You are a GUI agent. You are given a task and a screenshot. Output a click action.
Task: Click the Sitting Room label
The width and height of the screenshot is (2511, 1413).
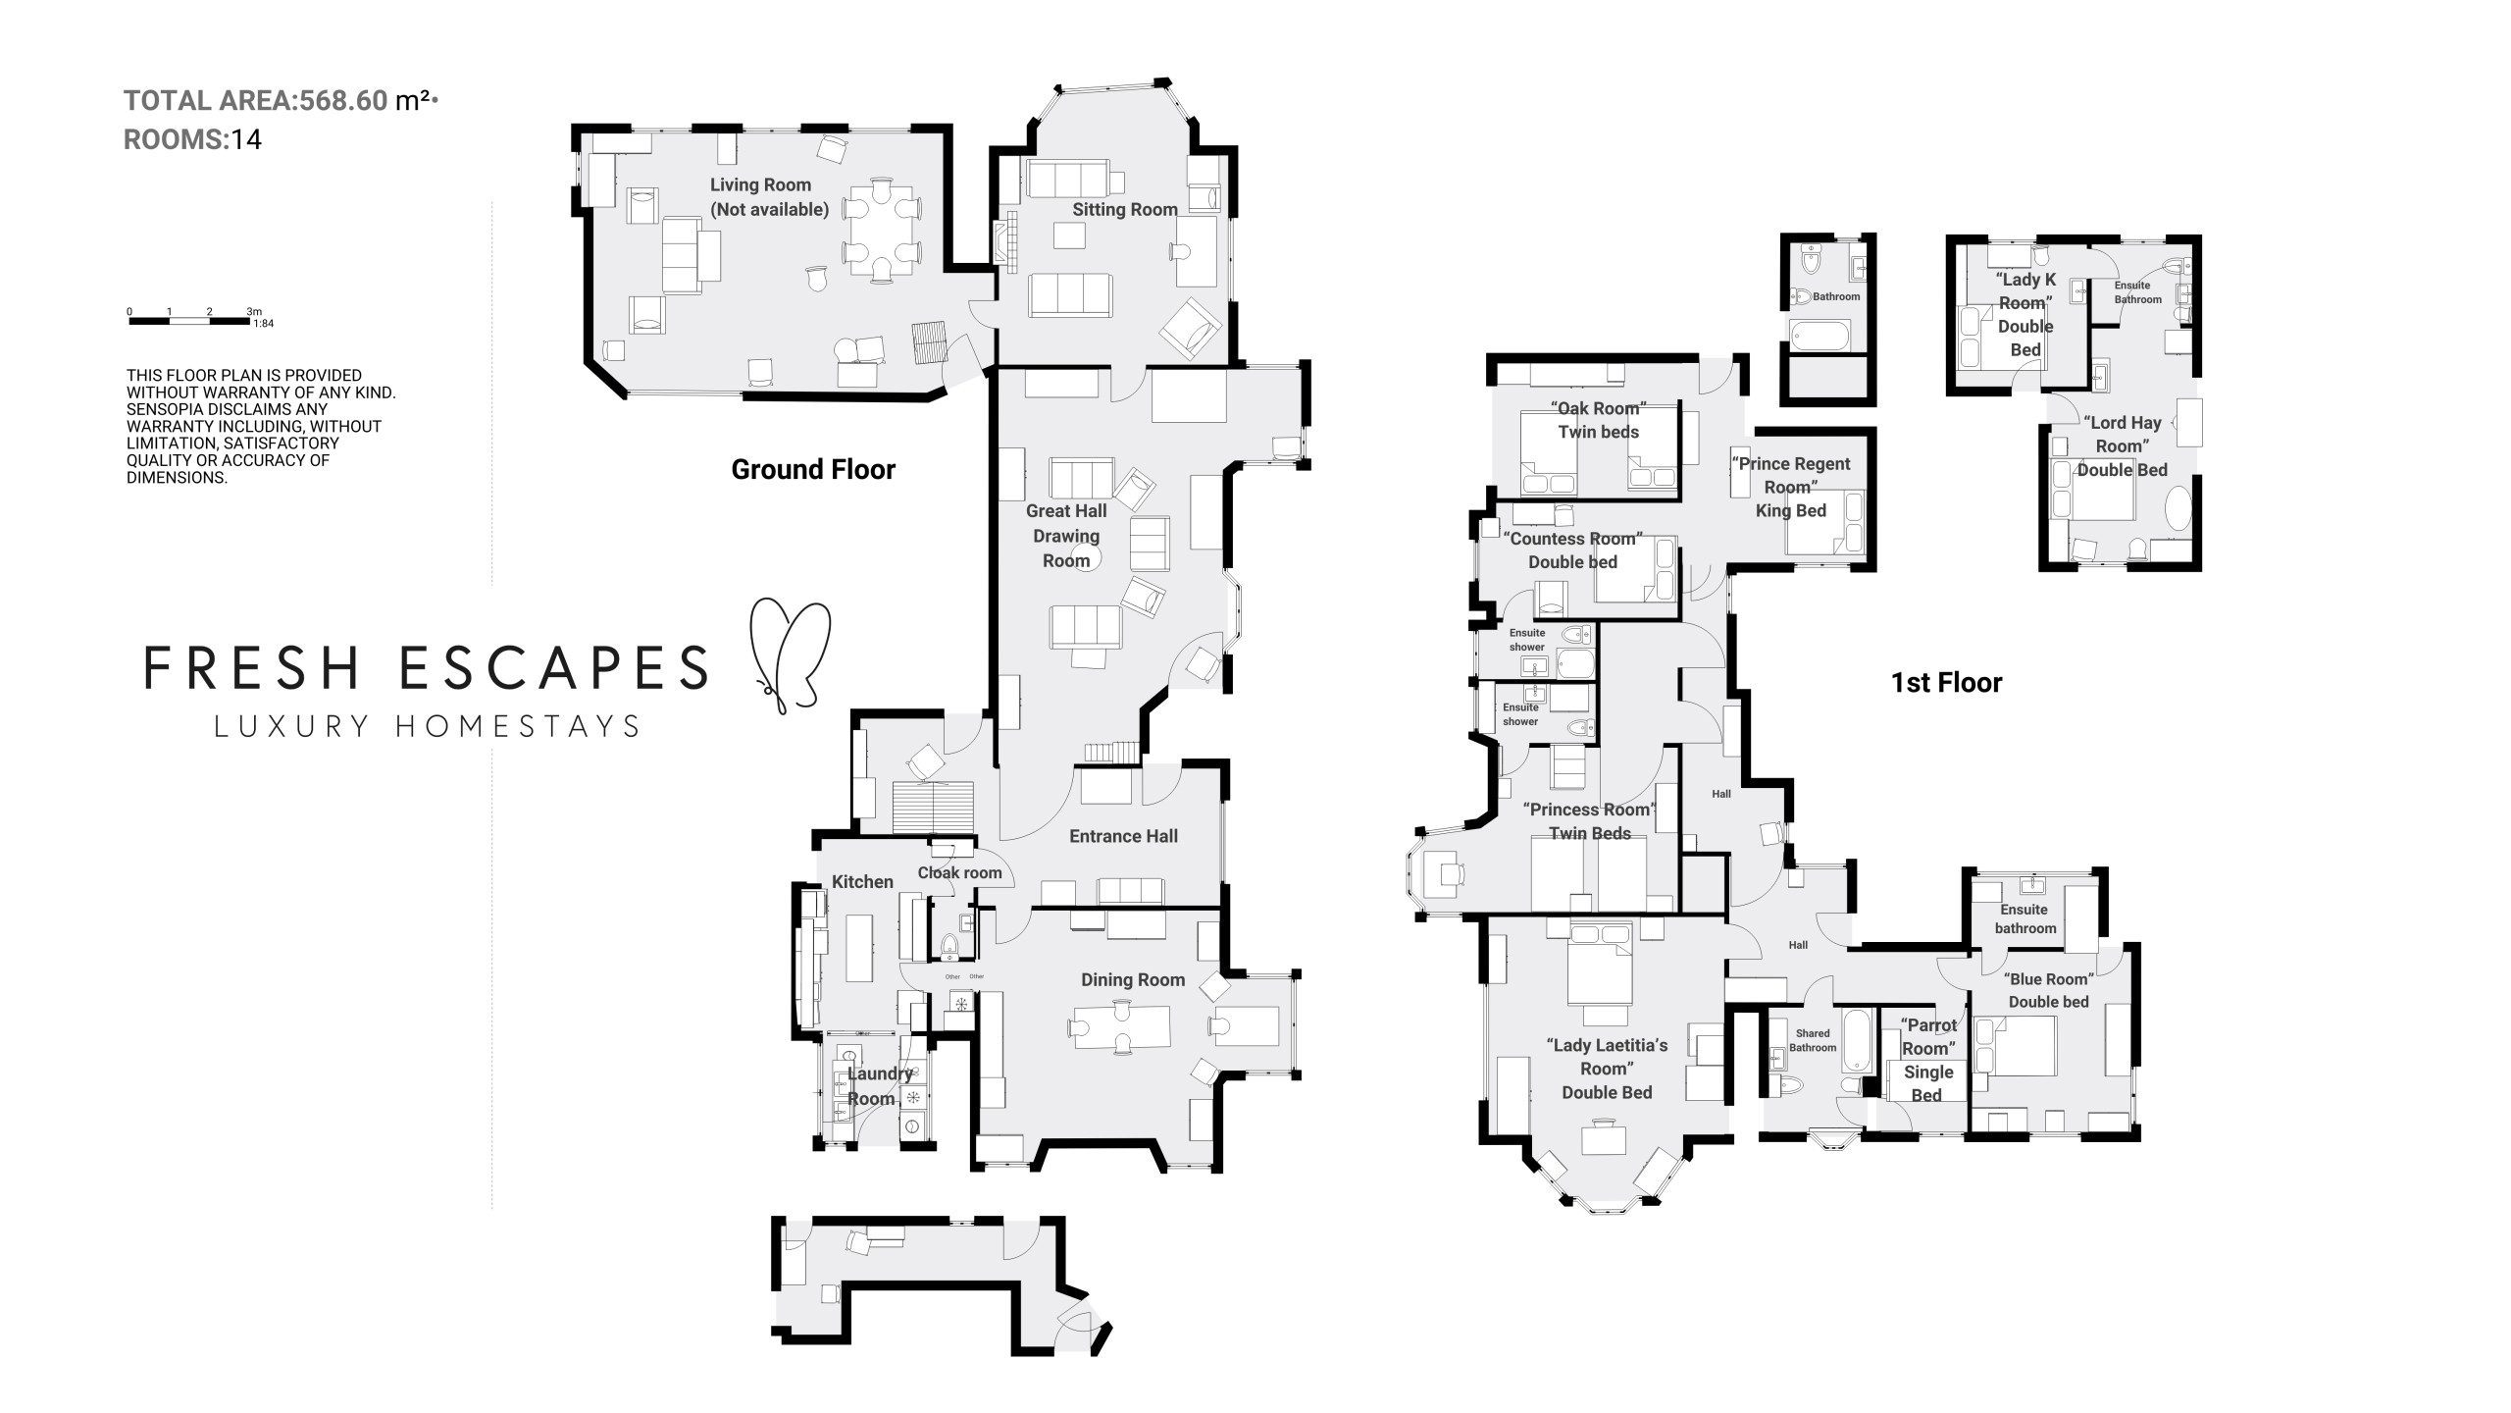point(1124,209)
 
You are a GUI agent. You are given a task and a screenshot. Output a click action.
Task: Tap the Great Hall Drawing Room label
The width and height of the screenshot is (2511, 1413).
point(1066,536)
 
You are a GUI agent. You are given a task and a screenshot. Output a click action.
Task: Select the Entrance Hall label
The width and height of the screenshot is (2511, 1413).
point(1123,836)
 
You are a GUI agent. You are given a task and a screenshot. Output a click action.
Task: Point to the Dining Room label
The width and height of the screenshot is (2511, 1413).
point(1133,979)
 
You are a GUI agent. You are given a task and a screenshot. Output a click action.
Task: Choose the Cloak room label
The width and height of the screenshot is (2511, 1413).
point(959,872)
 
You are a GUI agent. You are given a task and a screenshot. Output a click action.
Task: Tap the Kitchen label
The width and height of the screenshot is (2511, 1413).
point(862,881)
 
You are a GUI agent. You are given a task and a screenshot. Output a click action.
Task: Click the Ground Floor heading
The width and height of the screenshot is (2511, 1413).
point(813,469)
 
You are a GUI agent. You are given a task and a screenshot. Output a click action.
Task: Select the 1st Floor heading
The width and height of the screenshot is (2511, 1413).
point(1946,683)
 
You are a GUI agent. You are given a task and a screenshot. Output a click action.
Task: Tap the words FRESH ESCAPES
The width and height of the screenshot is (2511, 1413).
point(426,667)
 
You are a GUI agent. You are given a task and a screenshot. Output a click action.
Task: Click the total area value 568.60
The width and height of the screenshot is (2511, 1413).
point(343,101)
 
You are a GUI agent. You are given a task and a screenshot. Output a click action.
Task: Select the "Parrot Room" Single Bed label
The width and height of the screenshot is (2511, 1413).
point(1928,1060)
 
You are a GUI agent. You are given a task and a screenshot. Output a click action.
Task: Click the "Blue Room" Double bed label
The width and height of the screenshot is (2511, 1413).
point(2048,990)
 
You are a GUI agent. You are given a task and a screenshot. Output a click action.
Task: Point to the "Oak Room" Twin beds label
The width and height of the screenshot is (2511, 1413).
point(1598,420)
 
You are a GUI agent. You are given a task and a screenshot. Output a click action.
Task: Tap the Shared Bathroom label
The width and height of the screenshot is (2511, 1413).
point(1813,1040)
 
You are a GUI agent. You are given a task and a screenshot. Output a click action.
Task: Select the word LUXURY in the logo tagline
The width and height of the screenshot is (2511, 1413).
point(291,727)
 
